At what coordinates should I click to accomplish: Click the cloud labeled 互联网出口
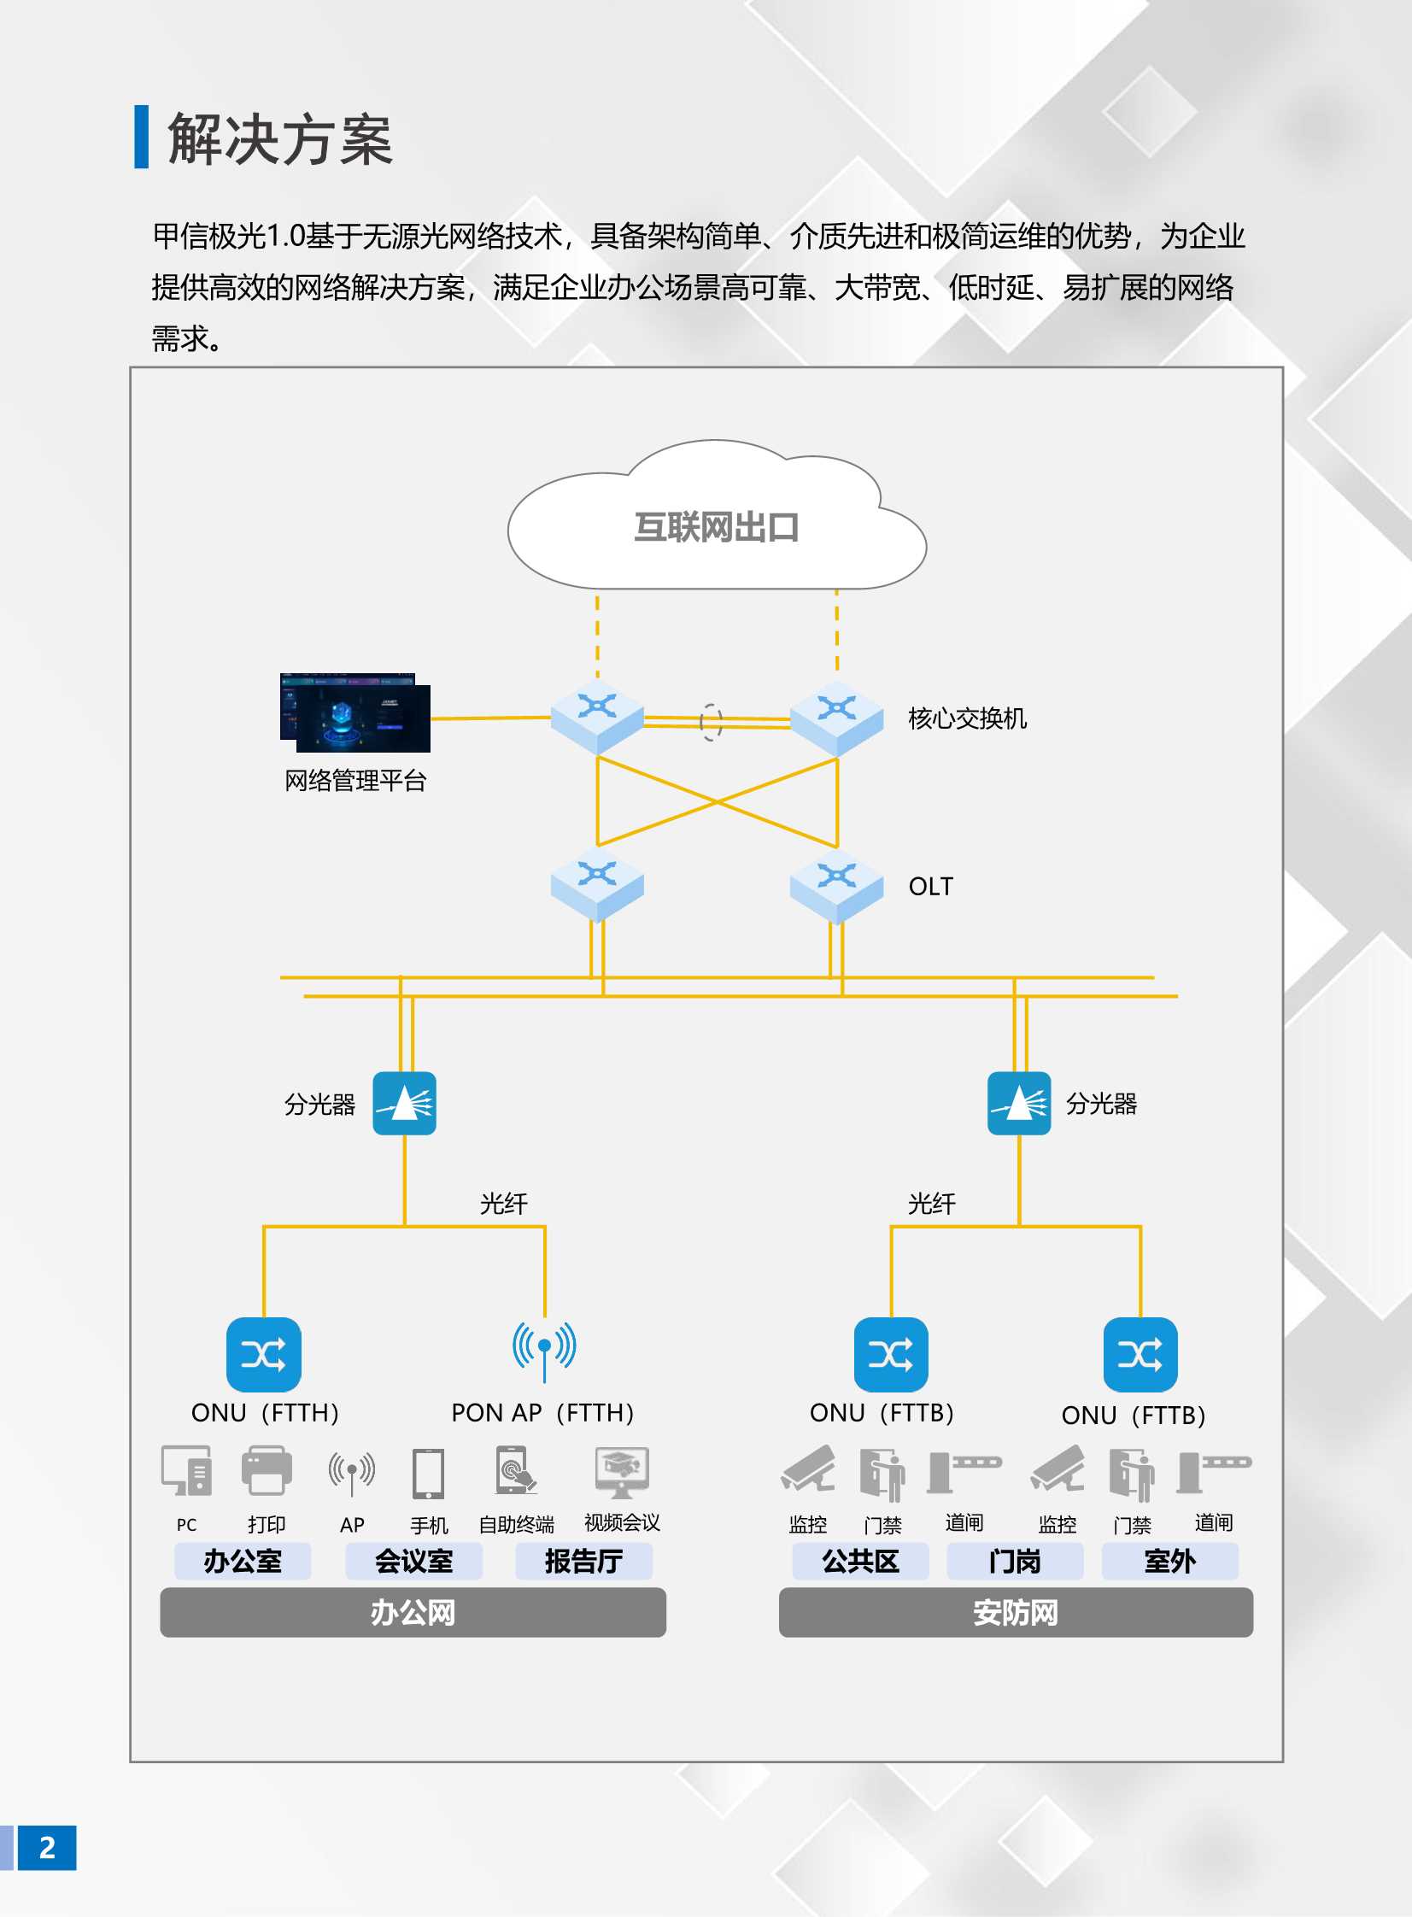[x=717, y=525]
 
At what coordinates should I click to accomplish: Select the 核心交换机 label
[x=967, y=718]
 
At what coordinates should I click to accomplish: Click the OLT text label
[x=930, y=886]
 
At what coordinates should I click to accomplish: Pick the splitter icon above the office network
[x=404, y=1103]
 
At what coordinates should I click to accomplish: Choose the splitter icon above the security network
[x=1019, y=1103]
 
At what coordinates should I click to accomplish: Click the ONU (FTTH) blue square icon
[x=263, y=1355]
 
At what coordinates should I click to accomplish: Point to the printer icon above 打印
[x=267, y=1470]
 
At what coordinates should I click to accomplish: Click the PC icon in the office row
[x=186, y=1470]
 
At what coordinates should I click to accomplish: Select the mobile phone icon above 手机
[x=428, y=1474]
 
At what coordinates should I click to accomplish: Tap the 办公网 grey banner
[x=413, y=1612]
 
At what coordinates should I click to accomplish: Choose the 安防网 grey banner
[x=1016, y=1612]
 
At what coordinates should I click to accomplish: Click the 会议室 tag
[x=413, y=1562]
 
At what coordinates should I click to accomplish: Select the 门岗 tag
[x=1015, y=1562]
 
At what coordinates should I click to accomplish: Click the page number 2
[x=47, y=1848]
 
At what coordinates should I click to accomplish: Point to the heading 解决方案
[x=279, y=138]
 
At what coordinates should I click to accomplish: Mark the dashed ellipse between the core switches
[x=711, y=722]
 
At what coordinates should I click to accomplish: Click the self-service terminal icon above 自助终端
[x=514, y=1470]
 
